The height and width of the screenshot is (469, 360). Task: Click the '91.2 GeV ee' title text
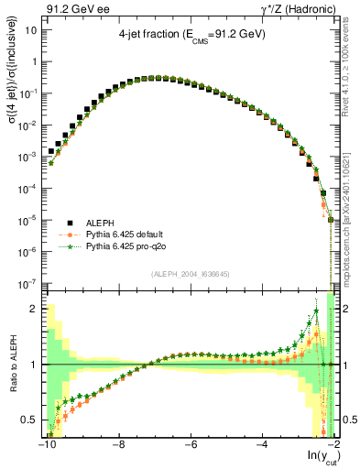click(75, 9)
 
